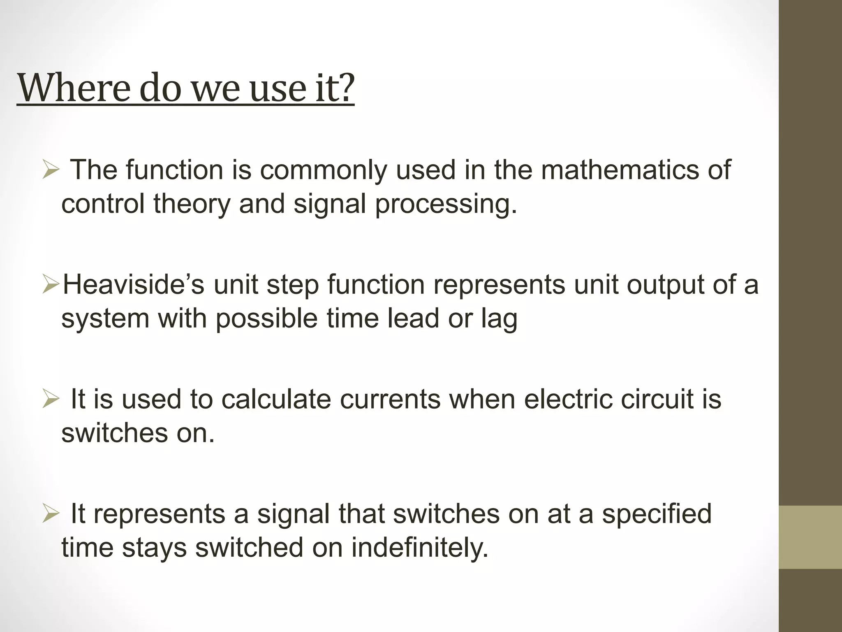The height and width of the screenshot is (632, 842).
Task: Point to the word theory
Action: coord(192,204)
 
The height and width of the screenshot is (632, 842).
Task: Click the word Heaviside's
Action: coord(133,284)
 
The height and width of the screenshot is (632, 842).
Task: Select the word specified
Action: coord(657,514)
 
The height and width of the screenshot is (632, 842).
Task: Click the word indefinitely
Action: coord(419,548)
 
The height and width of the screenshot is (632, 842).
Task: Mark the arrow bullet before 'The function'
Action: coord(51,170)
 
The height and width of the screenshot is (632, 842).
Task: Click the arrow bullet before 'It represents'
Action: coord(51,514)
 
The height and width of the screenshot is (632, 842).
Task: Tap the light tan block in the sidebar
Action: coord(810,537)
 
